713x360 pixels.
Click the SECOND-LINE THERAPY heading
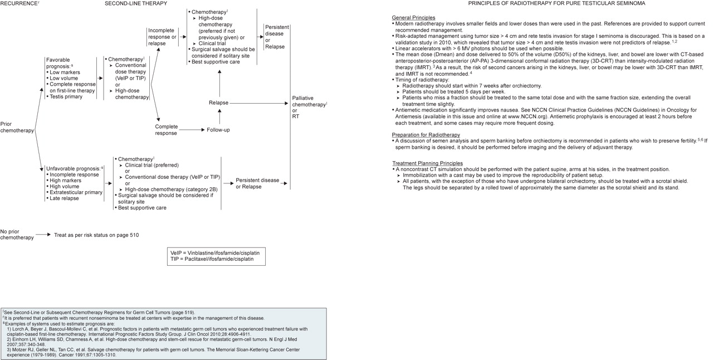pyautogui.click(x=136, y=3)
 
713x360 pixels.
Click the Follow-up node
pyautogui.click(x=218, y=130)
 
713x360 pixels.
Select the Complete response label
pyautogui.click(x=166, y=130)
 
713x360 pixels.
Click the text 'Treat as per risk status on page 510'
pyautogui.click(x=96, y=235)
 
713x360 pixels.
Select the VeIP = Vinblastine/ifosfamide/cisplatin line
pyautogui.click(x=215, y=252)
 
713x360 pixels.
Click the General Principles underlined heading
pyautogui.click(x=413, y=18)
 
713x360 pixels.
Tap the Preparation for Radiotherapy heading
pyautogui.click(x=426, y=135)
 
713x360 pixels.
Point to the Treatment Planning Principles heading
pyautogui.click(x=427, y=163)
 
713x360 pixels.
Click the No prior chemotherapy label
pyautogui.click(x=17, y=235)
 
